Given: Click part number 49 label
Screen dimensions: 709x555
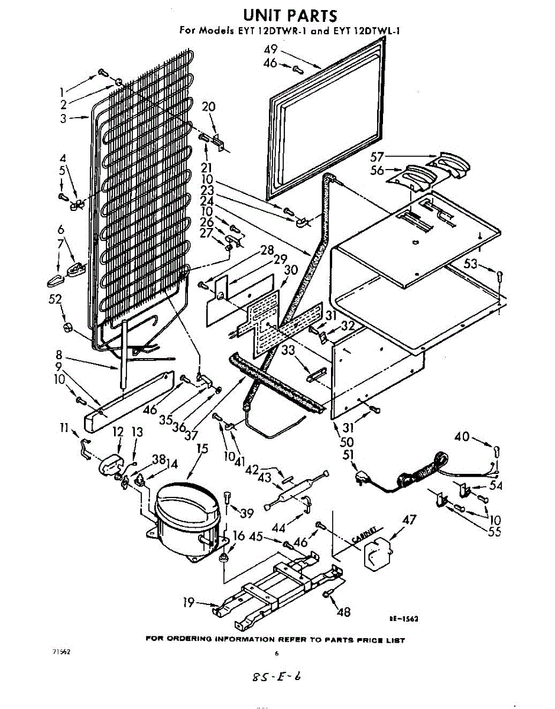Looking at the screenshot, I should (271, 49).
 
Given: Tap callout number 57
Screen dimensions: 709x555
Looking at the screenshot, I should (376, 157).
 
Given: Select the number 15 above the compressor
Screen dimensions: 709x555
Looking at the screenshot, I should (202, 449).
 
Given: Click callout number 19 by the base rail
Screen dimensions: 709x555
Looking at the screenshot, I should (189, 603).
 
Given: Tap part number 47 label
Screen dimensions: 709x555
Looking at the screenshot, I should (408, 521).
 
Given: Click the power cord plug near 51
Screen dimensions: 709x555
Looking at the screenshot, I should (361, 477).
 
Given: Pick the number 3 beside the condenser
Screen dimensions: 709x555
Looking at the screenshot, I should (62, 118).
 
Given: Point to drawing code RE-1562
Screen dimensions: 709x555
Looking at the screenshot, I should (404, 619).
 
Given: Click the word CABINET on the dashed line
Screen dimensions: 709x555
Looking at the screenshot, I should (364, 535).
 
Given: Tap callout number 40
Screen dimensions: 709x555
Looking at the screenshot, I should (462, 437).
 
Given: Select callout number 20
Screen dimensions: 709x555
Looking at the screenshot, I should (209, 107).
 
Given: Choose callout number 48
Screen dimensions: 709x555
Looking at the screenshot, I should (342, 612).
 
